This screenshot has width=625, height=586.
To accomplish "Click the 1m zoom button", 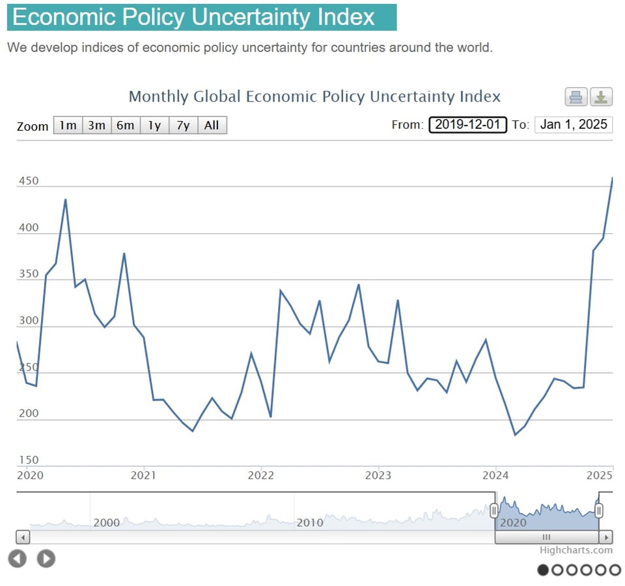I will click(x=68, y=125).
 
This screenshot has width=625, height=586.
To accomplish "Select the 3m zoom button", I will click(x=96, y=125).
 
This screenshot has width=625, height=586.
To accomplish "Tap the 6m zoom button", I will click(x=125, y=125).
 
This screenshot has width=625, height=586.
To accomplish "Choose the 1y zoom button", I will click(x=154, y=125).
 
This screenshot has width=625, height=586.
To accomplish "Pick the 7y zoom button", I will click(x=183, y=125).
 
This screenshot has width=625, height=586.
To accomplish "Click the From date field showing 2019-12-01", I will click(x=467, y=124).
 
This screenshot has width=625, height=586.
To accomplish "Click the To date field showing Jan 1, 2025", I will click(x=573, y=124).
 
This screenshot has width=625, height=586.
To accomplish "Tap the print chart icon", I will click(x=576, y=97).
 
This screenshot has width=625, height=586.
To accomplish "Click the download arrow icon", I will click(x=601, y=97).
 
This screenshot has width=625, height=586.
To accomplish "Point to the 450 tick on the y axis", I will click(x=29, y=181).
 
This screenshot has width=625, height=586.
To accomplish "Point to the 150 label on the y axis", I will click(x=29, y=460).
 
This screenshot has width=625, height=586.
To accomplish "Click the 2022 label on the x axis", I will click(x=260, y=475).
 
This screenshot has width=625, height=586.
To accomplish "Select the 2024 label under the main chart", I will click(x=495, y=475).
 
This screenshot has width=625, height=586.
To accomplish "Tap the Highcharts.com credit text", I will click(x=576, y=550).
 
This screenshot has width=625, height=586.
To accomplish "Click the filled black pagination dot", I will click(x=543, y=570).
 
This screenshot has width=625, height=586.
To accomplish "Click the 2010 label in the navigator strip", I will click(x=310, y=522).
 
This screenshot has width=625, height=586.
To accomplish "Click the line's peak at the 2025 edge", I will click(x=612, y=178).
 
